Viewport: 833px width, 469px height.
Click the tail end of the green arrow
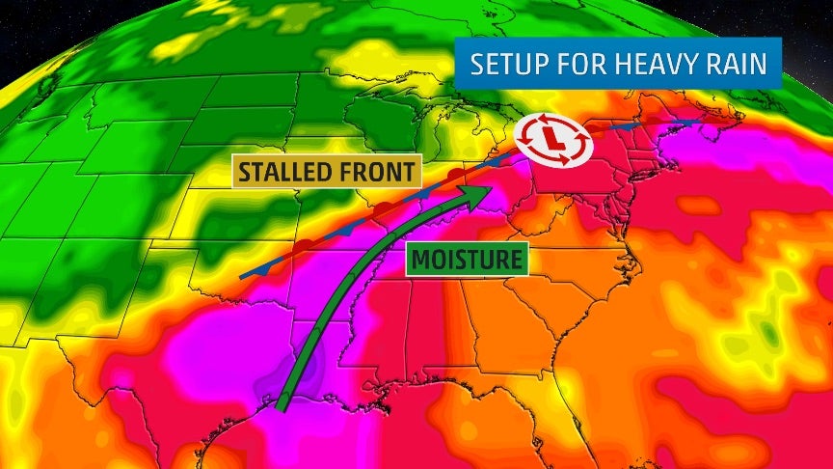pos(282,406)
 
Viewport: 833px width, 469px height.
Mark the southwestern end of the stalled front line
pos(241,277)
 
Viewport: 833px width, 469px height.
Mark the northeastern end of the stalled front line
pos(702,122)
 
